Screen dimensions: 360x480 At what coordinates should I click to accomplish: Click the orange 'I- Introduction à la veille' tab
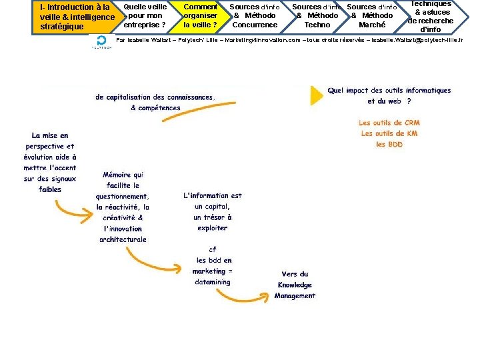(75, 17)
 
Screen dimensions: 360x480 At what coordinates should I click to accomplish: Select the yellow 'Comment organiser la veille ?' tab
(200, 16)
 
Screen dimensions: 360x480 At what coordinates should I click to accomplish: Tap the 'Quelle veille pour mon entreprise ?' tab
(145, 16)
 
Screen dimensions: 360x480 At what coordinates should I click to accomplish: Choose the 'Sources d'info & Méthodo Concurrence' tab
(254, 16)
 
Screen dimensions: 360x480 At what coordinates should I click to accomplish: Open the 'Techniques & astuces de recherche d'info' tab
(431, 16)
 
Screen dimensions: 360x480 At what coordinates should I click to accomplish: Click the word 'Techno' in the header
(317, 25)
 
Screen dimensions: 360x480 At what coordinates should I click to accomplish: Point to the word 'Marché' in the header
(372, 25)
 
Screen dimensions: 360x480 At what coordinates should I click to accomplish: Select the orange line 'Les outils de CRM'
(389, 123)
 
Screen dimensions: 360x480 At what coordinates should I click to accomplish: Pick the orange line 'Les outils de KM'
(389, 133)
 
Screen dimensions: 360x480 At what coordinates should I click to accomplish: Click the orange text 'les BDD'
(389, 144)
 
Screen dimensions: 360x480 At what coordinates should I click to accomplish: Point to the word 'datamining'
(213, 282)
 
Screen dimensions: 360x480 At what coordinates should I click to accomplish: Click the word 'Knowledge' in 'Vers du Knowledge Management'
(295, 285)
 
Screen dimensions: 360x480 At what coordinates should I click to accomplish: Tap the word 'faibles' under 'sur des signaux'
(50, 189)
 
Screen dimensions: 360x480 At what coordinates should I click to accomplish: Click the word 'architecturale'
(123, 239)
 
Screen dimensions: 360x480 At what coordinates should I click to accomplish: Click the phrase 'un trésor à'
(213, 217)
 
